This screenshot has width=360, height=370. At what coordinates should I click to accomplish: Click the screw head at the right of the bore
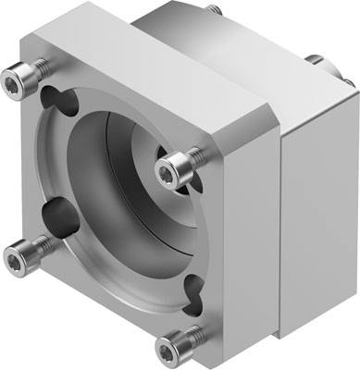coord(174,166)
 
